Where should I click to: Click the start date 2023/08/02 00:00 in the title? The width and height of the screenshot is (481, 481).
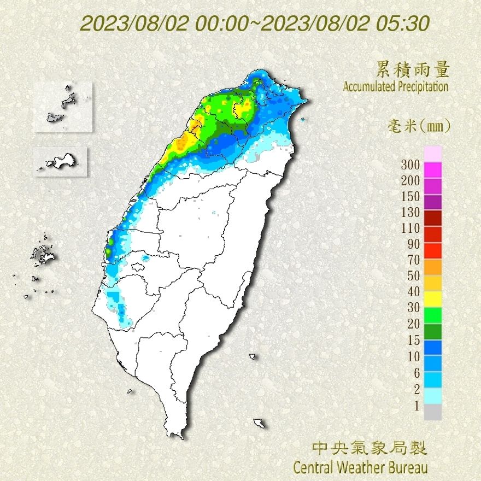164,24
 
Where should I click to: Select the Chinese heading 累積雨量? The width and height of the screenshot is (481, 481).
413,69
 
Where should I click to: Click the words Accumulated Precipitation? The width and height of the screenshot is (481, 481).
396,87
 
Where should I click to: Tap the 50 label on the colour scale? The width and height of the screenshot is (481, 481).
413,275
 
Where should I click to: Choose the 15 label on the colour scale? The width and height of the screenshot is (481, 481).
413,340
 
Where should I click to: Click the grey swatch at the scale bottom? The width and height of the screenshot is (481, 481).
432,412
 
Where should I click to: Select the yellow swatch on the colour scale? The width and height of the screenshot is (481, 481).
432,298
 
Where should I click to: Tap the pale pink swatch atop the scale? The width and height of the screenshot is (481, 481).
432,154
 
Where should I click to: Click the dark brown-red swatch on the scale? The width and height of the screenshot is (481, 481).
432,218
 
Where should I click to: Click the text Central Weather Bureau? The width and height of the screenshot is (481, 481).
360,467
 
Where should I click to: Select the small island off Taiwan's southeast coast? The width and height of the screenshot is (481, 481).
259,423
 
